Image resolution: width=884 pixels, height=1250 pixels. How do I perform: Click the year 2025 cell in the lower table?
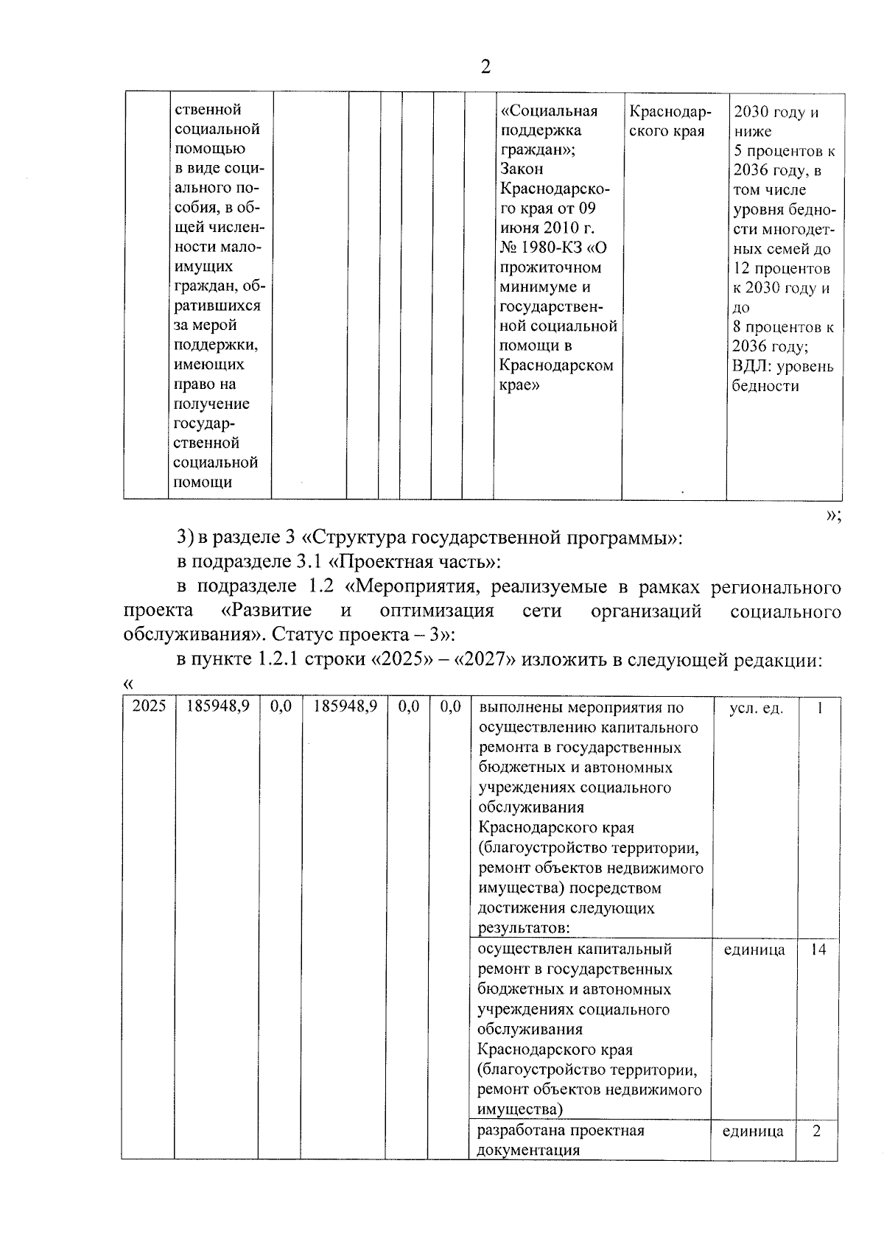click(149, 706)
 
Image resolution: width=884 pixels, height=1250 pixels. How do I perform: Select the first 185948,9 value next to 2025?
click(218, 706)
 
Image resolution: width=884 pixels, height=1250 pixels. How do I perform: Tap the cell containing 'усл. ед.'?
click(756, 708)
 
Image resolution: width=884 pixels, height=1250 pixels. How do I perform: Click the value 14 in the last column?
click(818, 949)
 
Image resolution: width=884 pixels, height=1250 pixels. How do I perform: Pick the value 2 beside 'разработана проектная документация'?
click(817, 1131)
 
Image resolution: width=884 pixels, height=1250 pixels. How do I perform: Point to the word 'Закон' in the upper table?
click(522, 169)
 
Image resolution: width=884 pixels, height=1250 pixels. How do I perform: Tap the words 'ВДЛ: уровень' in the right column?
click(783, 366)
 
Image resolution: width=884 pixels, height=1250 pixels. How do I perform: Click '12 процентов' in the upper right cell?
click(782, 268)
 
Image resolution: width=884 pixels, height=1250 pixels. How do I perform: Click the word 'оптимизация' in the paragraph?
click(437, 611)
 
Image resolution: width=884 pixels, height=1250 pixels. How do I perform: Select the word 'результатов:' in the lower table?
click(525, 928)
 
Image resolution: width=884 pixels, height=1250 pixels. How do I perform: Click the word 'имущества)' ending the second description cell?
click(520, 1109)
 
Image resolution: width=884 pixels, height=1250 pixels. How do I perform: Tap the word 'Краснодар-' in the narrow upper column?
click(670, 112)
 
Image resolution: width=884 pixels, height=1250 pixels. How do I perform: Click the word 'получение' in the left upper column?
click(211, 404)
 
